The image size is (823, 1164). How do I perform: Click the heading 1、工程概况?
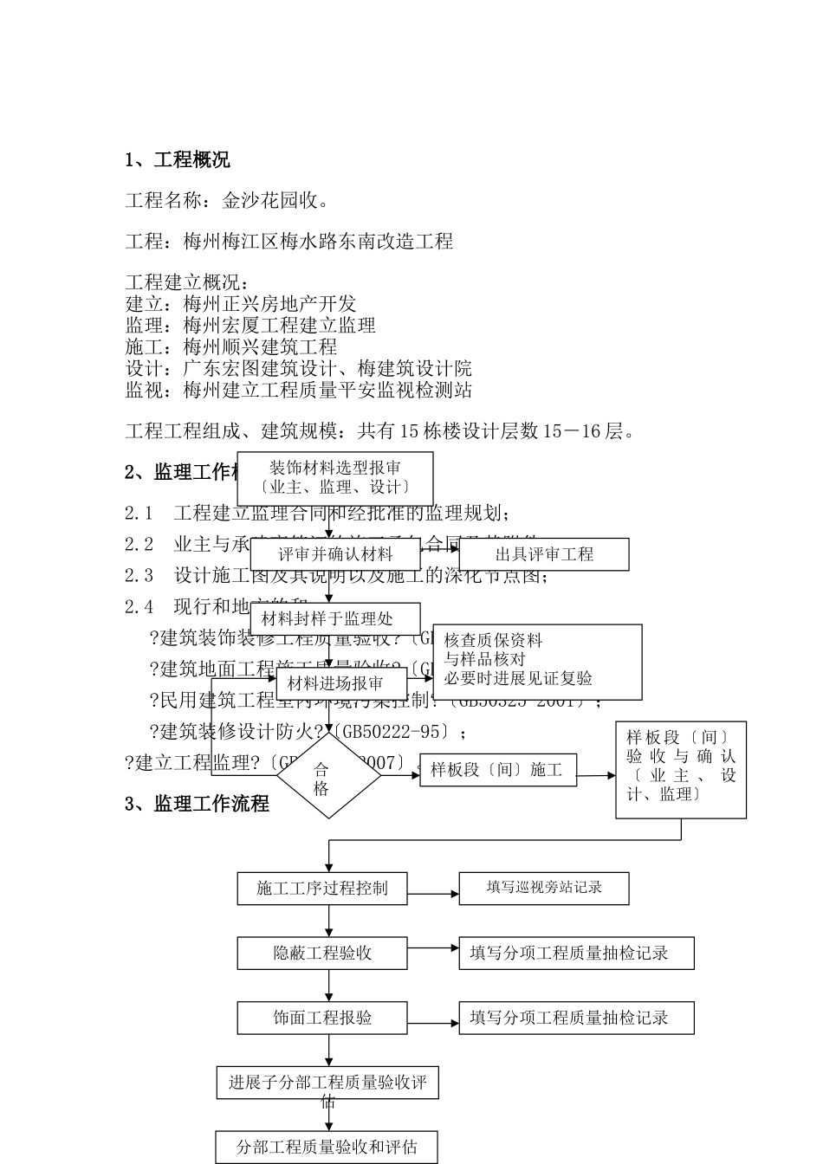[178, 160]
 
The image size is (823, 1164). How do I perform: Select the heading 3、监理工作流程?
[197, 804]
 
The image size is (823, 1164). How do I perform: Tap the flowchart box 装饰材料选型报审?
[335, 477]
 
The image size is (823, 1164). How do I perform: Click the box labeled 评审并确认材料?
[335, 554]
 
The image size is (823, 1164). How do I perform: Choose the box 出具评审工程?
[544, 554]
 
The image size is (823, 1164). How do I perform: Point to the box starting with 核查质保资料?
[537, 662]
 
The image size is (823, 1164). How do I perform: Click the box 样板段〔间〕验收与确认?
[681, 770]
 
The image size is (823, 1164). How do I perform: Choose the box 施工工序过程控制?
[322, 889]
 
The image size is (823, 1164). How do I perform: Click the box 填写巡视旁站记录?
[544, 889]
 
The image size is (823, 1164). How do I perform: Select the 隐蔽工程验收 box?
[322, 954]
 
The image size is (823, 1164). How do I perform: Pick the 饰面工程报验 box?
[322, 1018]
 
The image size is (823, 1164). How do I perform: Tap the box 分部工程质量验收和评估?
[327, 1148]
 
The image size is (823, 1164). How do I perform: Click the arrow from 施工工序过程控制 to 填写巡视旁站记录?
[433, 894]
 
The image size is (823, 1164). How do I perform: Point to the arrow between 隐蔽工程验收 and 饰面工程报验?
[328, 986]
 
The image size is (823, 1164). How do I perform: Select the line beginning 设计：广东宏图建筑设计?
[299, 369]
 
